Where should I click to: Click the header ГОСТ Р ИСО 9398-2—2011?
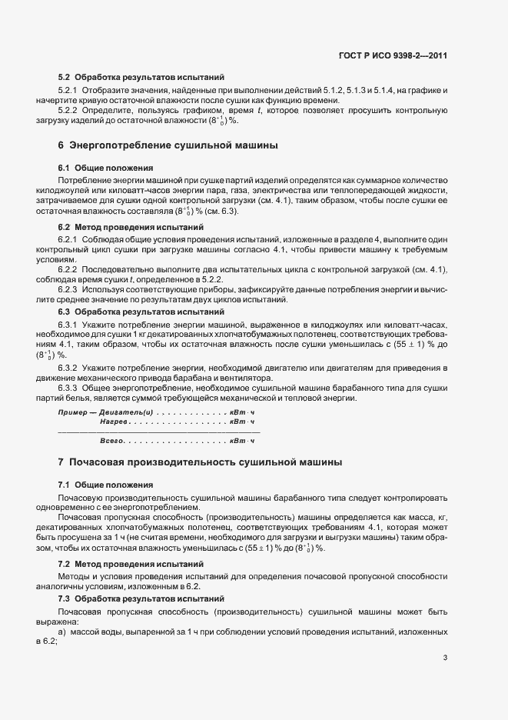[393, 55]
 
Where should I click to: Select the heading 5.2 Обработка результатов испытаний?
[141, 77]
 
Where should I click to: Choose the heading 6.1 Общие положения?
[105, 167]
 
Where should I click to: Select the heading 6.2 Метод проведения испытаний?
[131, 227]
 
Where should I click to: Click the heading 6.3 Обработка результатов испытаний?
[141, 312]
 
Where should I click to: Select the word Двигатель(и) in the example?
[126, 413]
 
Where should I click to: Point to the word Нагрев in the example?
[113, 422]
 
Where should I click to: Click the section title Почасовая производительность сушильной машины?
[205, 462]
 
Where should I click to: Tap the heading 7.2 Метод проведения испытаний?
[131, 564]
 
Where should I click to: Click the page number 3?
[445, 658]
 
